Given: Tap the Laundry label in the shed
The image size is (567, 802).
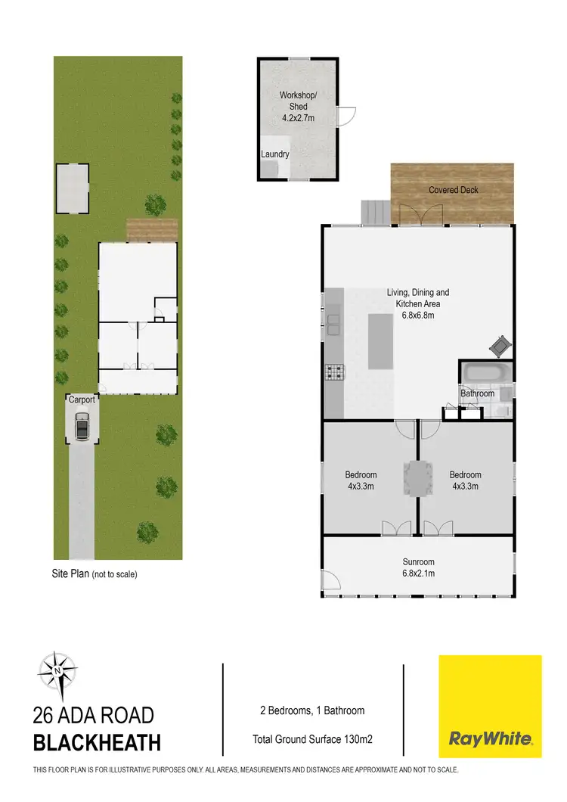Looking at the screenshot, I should coord(275,154).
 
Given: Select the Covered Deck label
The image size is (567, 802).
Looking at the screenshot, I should coord(454,190).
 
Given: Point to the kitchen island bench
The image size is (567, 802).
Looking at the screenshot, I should coord(381,341).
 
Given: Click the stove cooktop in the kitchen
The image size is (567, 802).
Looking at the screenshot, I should coord(333,371).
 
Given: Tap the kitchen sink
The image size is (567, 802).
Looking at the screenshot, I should coord(333,322).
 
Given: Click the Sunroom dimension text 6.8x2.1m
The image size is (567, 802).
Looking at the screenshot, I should coord(419,574).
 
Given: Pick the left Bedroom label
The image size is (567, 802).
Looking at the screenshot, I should coord(361,480).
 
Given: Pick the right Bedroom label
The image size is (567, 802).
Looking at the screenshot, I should coord(465,480).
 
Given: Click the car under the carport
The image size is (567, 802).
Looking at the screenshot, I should coord(82,426).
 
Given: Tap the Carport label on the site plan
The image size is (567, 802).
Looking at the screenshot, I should coord(82,399).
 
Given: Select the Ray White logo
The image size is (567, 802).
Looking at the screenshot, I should coord(491,706).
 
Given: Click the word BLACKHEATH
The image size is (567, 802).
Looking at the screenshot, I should coord(97,742).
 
